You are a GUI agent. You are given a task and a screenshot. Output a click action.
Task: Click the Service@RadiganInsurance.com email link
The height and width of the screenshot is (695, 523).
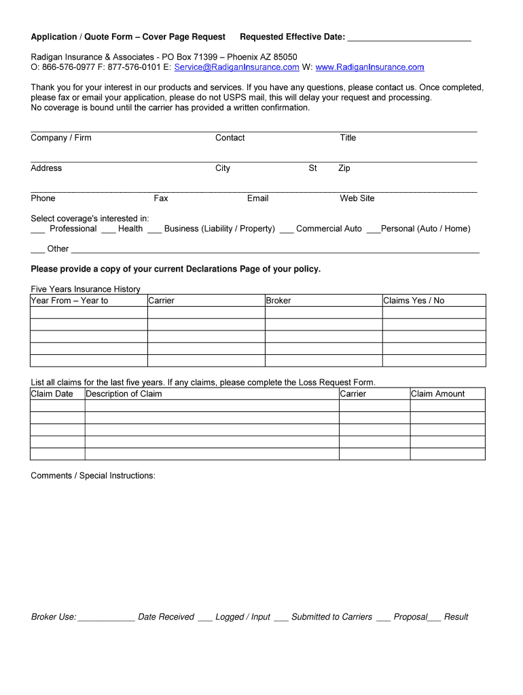(236, 67)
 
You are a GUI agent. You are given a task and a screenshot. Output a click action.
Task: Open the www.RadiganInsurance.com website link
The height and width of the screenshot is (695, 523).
(369, 67)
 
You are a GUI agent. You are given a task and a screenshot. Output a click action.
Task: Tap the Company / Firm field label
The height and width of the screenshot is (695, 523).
(61, 138)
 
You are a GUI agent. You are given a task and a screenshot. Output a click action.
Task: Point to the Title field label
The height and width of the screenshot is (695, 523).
(348, 138)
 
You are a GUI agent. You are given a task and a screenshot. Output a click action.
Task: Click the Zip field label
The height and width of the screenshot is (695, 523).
(344, 168)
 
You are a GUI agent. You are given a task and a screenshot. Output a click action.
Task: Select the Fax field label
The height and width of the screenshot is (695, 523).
(161, 198)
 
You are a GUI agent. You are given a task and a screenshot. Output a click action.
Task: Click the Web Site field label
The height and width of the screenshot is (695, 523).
(357, 198)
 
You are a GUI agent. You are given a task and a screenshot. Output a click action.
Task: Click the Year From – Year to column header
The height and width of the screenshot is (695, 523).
(70, 301)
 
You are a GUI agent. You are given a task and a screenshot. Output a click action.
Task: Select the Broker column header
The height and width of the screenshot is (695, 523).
(278, 301)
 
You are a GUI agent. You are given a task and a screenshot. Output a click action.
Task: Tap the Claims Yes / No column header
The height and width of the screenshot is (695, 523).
(414, 301)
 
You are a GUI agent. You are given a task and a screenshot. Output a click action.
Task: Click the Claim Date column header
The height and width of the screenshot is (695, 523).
(52, 394)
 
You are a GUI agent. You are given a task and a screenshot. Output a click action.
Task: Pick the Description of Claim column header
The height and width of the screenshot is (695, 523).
(124, 394)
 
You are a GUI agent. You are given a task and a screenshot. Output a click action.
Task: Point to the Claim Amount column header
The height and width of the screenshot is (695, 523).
(438, 394)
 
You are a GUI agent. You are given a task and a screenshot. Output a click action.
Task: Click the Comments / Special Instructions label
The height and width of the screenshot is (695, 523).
(93, 476)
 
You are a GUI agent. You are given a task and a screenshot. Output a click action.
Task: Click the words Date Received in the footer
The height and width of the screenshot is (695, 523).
(166, 617)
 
